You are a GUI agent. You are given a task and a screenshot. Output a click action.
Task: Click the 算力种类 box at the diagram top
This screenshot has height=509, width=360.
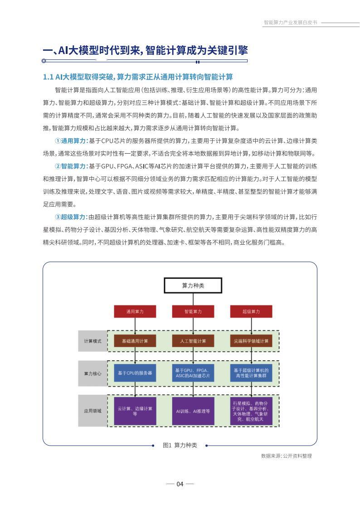point(193,286)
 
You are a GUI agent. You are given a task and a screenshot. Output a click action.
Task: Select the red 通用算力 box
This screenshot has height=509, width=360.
point(135,312)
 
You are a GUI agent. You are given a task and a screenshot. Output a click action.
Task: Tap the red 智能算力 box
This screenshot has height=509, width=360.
point(193,312)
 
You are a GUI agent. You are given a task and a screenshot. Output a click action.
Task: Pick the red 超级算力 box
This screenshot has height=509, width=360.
point(251,312)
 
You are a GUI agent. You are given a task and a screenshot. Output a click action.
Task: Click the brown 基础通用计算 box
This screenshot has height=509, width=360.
point(135,341)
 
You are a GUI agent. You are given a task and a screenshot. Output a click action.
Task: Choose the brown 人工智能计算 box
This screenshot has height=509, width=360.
point(193,341)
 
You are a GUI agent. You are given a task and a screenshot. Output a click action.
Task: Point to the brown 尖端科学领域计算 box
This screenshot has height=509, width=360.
point(251,341)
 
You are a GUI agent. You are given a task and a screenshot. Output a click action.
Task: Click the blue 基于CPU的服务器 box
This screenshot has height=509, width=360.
point(135,373)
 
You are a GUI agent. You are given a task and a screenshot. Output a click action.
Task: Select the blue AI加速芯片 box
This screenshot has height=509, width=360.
point(193,373)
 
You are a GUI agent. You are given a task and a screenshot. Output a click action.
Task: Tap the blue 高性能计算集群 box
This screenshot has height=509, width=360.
point(251,373)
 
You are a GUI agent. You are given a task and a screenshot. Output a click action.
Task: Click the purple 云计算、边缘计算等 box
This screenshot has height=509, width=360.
point(135,411)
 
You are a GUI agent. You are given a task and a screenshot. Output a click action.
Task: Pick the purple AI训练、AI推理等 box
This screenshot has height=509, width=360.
point(193,411)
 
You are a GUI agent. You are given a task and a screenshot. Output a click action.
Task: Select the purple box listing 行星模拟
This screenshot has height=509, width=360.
point(251,411)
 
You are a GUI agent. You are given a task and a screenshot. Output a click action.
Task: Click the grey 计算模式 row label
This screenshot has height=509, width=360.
point(92,341)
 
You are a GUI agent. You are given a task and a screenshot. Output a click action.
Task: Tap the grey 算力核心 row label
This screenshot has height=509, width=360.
point(92,373)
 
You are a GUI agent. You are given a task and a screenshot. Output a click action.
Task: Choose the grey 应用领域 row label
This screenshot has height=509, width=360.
point(92,411)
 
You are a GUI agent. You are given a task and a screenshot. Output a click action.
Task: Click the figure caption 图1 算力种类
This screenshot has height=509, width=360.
point(180,445)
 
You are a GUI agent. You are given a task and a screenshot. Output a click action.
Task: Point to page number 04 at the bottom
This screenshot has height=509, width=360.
point(180,484)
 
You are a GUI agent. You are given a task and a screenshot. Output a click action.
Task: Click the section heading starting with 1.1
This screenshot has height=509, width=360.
point(138,77)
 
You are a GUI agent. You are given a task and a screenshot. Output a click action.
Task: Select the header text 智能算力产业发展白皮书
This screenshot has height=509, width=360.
point(290,22)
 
